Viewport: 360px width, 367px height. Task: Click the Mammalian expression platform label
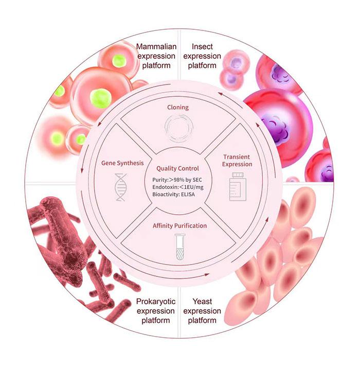click(156, 56)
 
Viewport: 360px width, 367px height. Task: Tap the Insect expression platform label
click(202, 56)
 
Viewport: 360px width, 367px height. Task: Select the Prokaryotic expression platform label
click(156, 310)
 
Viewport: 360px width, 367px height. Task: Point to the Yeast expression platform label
click(202, 310)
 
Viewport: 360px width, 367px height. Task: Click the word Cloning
click(178, 107)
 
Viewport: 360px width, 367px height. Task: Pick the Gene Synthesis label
click(122, 163)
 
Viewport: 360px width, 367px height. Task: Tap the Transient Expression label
click(237, 160)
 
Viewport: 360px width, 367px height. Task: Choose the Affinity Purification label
click(179, 225)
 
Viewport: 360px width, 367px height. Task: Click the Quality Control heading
click(177, 168)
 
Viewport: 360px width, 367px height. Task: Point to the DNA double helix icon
click(121, 187)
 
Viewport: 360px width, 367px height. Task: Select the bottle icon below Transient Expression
click(238, 186)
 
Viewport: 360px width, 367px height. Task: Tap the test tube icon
click(180, 247)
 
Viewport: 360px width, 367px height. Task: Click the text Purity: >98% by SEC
click(177, 180)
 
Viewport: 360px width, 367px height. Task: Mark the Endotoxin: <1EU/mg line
click(178, 187)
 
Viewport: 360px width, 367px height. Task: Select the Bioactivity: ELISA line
click(173, 194)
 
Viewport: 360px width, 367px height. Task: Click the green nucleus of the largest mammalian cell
click(100, 98)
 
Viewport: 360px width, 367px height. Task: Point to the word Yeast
click(202, 301)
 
